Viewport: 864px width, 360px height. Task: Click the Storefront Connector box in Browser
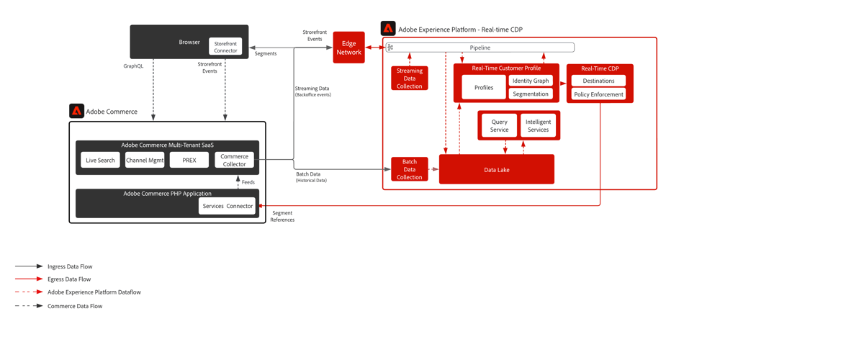tap(225, 47)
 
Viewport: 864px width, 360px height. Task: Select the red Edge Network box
tap(348, 48)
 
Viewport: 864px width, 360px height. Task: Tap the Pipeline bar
tap(480, 48)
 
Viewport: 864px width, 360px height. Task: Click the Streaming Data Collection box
tap(410, 78)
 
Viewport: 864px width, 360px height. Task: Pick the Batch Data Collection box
tap(410, 169)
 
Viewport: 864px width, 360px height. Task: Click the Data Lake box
tap(497, 170)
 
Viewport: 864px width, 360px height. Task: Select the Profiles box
tap(484, 88)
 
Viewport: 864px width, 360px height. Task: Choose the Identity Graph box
tap(531, 81)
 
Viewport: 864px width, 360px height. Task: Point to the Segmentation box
tap(531, 94)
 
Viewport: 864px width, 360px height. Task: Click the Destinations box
tap(598, 81)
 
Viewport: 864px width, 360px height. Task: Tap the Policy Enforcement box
tap(598, 94)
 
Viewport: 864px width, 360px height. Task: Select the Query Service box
tap(499, 126)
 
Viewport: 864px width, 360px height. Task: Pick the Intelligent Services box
tap(538, 126)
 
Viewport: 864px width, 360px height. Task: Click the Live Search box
tap(100, 160)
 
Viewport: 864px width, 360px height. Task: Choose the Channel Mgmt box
tap(145, 160)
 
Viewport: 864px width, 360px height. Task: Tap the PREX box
tap(189, 160)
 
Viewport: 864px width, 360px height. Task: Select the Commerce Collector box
tap(234, 160)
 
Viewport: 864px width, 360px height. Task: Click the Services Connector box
tap(228, 206)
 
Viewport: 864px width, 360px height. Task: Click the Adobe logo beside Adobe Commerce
tap(76, 111)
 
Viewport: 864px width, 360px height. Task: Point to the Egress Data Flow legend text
tap(69, 279)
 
